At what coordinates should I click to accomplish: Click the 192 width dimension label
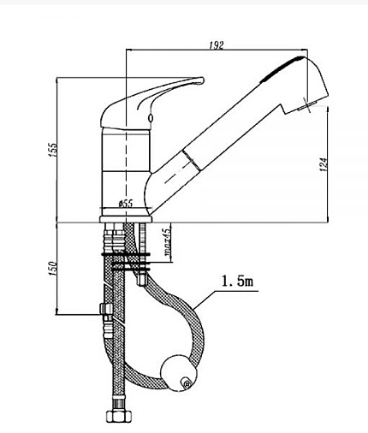217,45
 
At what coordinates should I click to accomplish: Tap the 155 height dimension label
53,150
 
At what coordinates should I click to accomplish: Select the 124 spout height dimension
323,164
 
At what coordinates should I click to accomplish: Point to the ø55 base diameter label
126,204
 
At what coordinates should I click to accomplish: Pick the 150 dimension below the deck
53,269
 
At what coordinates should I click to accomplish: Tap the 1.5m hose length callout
237,282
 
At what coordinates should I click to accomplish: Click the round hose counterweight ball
179,373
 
